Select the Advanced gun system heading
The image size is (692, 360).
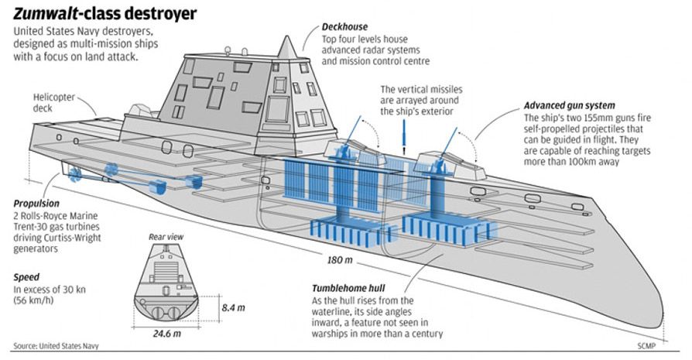pos(570,105)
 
